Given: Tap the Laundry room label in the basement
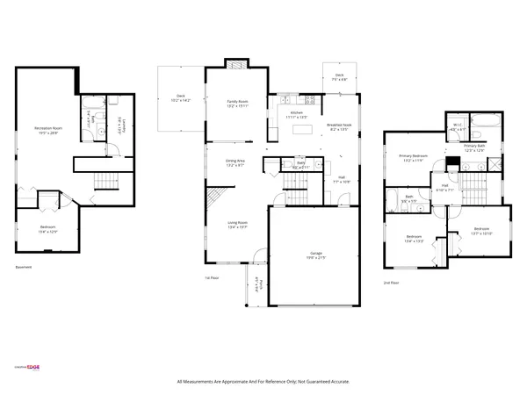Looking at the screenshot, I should pyautogui.click(x=125, y=126).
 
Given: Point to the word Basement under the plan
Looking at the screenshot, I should pyautogui.click(x=25, y=268).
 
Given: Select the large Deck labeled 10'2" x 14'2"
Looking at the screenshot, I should pyautogui.click(x=181, y=97).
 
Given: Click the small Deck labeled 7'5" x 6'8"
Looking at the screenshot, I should pyautogui.click(x=339, y=77).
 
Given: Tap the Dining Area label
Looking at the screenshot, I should pyautogui.click(x=235, y=162).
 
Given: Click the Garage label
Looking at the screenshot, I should pyautogui.click(x=314, y=255).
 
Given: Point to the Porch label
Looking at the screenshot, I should pyautogui.click(x=256, y=285).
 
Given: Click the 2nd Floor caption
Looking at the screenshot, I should pyautogui.click(x=391, y=283).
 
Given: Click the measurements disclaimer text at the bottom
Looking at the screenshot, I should pyautogui.click(x=263, y=381).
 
